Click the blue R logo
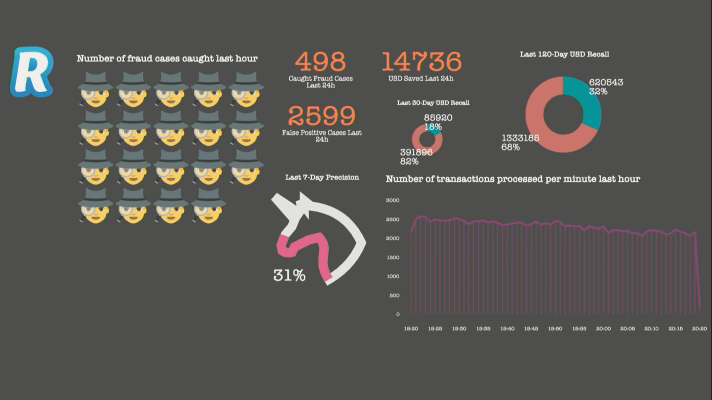[31, 71]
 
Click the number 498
[320, 62]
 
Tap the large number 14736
[421, 62]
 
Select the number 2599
[321, 116]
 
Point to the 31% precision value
[289, 276]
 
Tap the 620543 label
[606, 82]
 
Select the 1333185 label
[520, 138]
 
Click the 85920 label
[438, 118]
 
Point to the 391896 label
[416, 153]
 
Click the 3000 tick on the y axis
[392, 200]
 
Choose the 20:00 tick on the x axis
[604, 329]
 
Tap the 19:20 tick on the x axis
[411, 329]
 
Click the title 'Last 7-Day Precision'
[322, 178]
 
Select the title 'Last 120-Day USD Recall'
[564, 54]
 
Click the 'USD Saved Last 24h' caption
[421, 79]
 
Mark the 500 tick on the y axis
[394, 295]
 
